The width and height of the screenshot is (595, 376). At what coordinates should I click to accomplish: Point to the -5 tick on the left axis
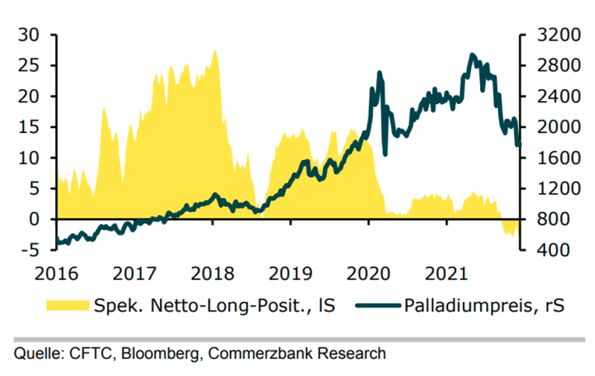tap(30, 250)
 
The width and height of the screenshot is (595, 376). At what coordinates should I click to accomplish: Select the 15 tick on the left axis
tap(30, 127)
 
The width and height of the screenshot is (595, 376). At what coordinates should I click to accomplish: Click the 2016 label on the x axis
tap(57, 273)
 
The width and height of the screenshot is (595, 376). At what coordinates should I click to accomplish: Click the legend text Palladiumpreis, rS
tap(482, 306)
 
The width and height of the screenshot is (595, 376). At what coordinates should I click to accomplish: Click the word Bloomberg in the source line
tap(145, 354)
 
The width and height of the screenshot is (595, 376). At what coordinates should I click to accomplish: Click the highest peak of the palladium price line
tap(473, 55)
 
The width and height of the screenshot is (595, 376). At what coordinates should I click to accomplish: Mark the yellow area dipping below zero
tap(510, 228)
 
